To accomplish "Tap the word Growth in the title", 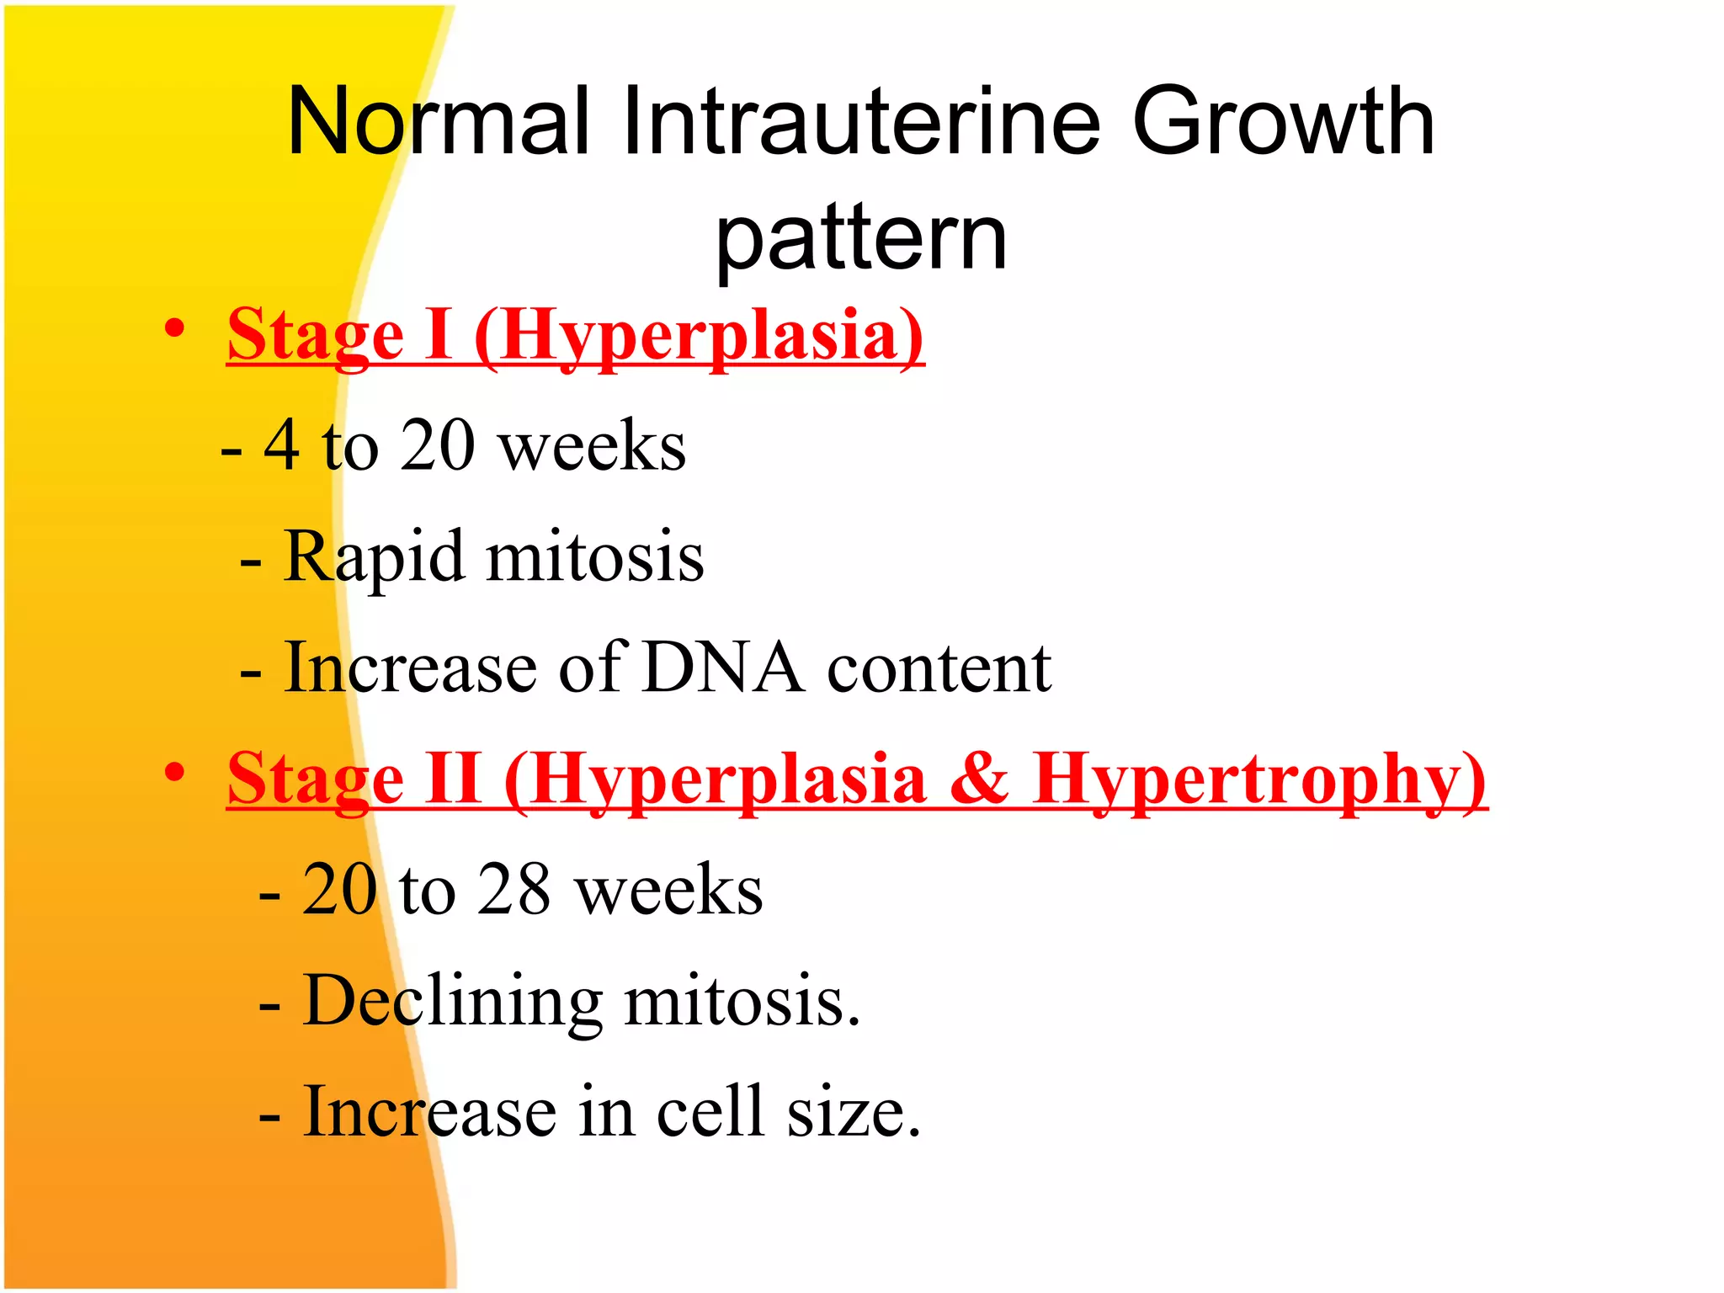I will point(1283,123).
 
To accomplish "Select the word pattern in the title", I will point(860,240).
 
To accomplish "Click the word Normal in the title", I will point(438,123).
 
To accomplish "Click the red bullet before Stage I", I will point(174,328).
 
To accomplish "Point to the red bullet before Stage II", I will point(174,772).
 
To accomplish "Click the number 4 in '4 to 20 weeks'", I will point(281,445).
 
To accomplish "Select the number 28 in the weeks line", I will point(514,890).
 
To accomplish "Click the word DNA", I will point(723,668).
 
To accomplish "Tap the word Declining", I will point(453,1002).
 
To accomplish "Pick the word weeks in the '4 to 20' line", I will point(593,447).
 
